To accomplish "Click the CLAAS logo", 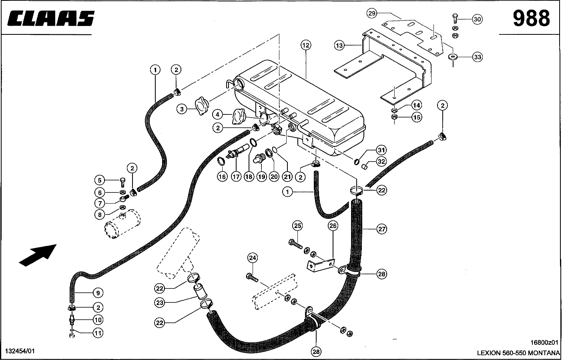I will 50,19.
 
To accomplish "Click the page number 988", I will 531,18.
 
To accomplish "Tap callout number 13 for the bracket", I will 339,46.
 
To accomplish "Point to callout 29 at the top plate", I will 372,14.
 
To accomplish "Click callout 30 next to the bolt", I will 477,19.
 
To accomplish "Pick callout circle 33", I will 477,57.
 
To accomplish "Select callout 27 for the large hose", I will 381,229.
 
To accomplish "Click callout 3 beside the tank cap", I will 183,108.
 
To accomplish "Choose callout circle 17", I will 237,176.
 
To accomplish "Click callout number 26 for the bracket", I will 333,226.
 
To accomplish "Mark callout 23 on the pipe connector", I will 160,303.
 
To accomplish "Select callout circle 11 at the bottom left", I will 98,332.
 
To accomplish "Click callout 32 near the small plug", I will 381,162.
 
